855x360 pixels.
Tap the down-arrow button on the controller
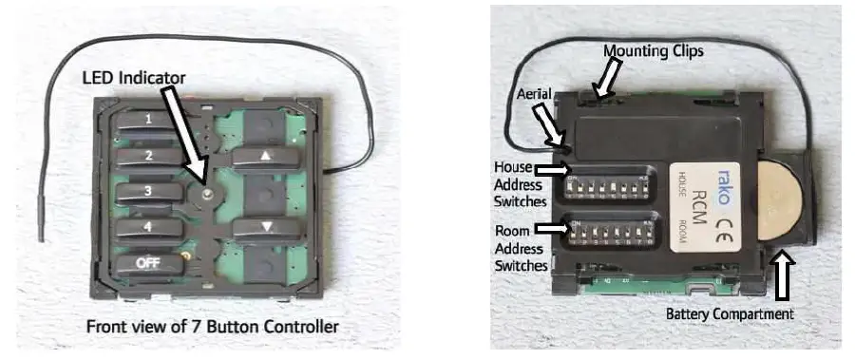265,228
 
